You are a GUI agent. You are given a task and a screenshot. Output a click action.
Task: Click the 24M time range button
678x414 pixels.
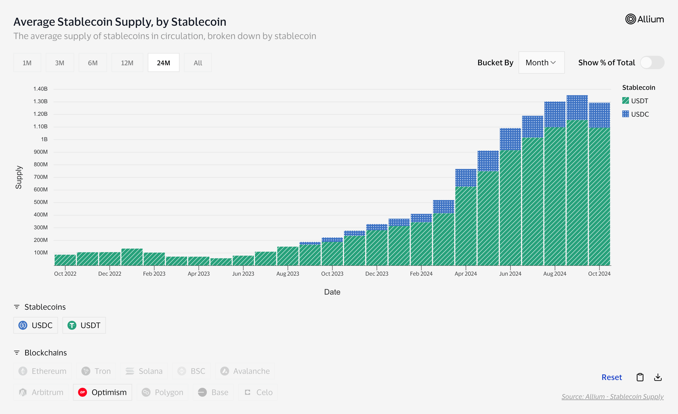click(163, 63)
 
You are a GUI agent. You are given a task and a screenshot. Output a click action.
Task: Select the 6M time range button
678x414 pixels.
click(93, 63)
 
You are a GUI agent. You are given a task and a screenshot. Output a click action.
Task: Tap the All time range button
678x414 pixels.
click(198, 63)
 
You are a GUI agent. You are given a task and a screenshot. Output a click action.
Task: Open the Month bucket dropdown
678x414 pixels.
click(541, 62)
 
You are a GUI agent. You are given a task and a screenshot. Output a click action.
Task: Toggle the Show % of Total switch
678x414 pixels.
click(652, 62)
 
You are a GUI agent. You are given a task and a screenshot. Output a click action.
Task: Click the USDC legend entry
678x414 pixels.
click(635, 114)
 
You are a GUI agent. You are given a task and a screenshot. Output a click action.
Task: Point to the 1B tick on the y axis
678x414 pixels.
click(44, 139)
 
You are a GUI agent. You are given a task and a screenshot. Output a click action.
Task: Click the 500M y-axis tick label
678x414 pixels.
click(41, 202)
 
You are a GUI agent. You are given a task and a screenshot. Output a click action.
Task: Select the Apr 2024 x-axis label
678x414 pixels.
click(466, 274)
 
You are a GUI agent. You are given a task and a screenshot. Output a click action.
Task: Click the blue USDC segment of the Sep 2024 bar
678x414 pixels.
click(577, 108)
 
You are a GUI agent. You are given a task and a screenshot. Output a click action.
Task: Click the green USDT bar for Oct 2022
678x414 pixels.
click(65, 260)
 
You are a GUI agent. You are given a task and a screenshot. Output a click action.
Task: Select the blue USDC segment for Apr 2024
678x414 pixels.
click(466, 178)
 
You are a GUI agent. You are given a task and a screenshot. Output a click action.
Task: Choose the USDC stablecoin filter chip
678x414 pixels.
click(36, 325)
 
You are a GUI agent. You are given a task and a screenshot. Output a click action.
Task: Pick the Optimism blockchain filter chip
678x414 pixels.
click(102, 392)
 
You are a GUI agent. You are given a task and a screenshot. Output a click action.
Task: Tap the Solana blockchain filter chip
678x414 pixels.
click(144, 371)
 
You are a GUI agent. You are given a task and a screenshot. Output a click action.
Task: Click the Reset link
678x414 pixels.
click(611, 377)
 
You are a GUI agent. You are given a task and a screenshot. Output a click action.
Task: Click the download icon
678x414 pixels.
click(658, 377)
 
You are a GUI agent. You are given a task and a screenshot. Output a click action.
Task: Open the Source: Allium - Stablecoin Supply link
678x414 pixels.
click(612, 396)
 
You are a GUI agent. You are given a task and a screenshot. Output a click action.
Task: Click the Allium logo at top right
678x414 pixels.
click(644, 19)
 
